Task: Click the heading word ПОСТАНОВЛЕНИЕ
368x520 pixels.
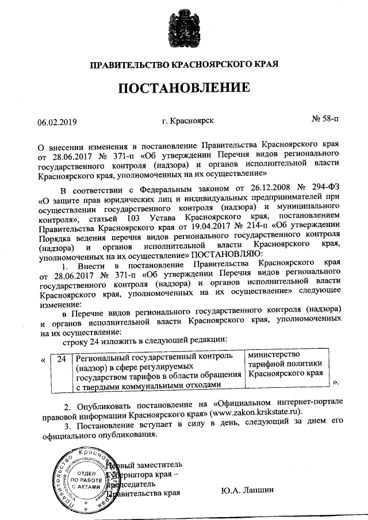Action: [x=184, y=88]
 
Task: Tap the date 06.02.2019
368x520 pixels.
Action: [x=57, y=122]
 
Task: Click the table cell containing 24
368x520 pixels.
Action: [x=62, y=359]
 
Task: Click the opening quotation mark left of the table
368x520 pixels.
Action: [x=44, y=360]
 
